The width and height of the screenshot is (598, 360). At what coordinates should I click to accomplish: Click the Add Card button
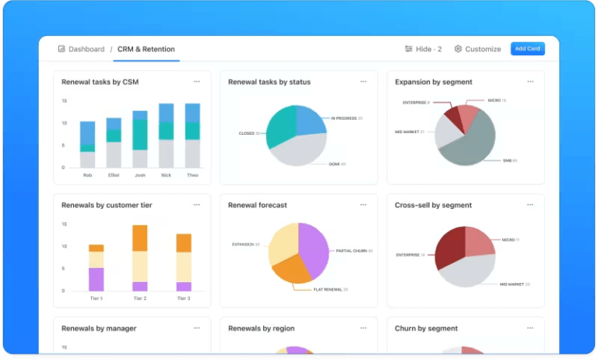[528, 48]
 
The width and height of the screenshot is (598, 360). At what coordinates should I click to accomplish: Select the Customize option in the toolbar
[478, 49]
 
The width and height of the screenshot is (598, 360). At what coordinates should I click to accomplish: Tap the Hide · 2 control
[424, 49]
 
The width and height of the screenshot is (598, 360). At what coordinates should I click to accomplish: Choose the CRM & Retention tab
[146, 49]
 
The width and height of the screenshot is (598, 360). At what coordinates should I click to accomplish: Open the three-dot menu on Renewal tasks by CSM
[196, 82]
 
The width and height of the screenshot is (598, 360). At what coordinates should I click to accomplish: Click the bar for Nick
[166, 136]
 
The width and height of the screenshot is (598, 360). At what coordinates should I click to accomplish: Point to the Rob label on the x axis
[87, 175]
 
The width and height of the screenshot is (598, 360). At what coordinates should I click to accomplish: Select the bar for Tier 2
[140, 258]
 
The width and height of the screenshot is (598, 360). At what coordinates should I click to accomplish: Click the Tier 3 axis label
[184, 298]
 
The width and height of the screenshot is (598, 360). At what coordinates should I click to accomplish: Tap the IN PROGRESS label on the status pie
[343, 118]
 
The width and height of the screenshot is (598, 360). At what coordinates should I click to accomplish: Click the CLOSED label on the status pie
[247, 133]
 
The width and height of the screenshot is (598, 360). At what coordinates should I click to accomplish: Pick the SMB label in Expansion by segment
[509, 161]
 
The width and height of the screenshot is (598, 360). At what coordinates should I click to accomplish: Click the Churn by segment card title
[426, 329]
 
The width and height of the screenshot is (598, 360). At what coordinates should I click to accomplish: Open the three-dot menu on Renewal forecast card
[363, 205]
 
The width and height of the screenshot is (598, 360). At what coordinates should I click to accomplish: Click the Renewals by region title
[261, 329]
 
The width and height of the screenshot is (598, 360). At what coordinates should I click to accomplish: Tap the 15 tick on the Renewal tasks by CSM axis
[64, 101]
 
